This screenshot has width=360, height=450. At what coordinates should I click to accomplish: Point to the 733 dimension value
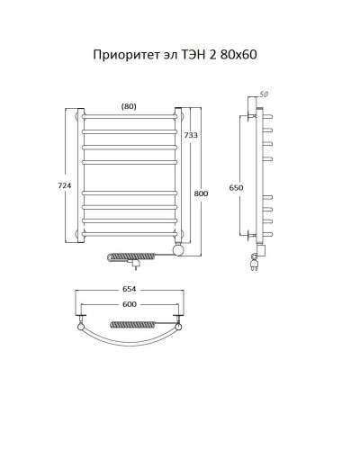191,135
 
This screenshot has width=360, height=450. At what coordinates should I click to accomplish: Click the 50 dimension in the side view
264,94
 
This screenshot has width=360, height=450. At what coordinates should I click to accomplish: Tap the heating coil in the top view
135,322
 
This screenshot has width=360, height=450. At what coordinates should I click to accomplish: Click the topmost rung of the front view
129,117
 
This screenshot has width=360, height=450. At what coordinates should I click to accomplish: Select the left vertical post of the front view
81,175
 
